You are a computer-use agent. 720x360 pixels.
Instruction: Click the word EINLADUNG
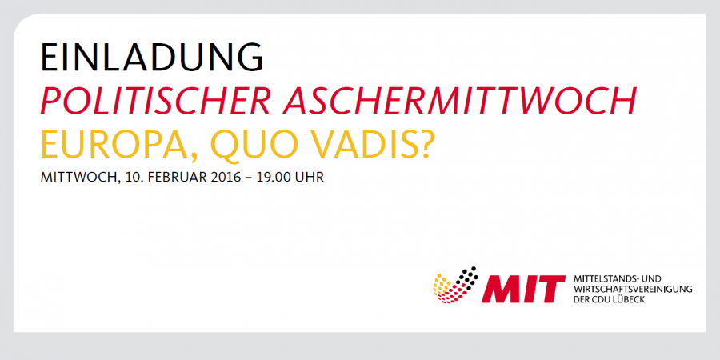tap(152, 58)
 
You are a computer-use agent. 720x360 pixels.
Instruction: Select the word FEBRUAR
tap(169, 178)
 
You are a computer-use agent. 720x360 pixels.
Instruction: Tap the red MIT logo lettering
tap(523, 289)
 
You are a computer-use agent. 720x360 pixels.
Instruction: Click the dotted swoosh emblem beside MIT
tap(455, 285)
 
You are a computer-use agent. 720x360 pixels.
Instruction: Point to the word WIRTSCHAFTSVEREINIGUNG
tap(633, 290)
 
